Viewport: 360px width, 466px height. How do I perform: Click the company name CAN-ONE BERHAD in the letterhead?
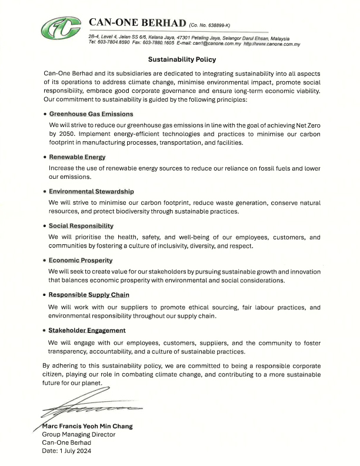(136, 22)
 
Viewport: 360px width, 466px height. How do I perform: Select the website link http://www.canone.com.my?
(272, 44)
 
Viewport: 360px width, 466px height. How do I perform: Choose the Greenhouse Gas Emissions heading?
(91, 114)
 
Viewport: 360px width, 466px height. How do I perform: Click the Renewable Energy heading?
(77, 157)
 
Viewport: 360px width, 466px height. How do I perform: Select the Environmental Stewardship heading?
(91, 192)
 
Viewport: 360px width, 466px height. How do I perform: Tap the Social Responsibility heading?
(81, 226)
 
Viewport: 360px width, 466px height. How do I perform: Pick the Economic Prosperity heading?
(81, 260)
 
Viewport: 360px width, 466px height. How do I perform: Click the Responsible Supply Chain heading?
(89, 294)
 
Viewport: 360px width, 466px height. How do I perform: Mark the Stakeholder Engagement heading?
(87, 330)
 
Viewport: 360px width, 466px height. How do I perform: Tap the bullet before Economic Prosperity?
(45, 261)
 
